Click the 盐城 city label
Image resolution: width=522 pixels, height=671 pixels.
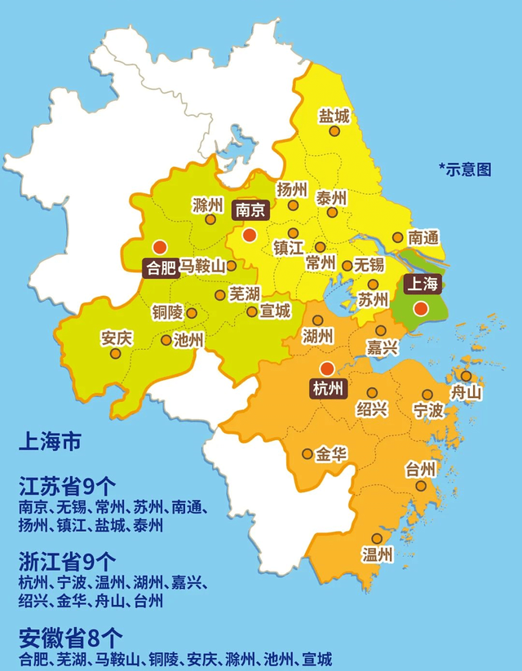point(334,117)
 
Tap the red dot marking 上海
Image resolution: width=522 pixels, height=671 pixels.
point(420,308)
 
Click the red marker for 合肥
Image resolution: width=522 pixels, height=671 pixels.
point(159,246)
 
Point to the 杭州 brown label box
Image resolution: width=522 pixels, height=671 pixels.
point(327,389)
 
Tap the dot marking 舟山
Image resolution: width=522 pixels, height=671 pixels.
point(466,376)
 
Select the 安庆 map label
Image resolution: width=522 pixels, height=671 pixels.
point(116,336)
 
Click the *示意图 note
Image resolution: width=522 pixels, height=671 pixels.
point(466,170)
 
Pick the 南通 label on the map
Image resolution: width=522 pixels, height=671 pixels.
point(424,238)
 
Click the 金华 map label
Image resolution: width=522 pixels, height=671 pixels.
point(331,453)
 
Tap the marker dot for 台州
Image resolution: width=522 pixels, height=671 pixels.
point(421,486)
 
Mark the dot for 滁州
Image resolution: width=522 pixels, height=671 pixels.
point(210,219)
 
